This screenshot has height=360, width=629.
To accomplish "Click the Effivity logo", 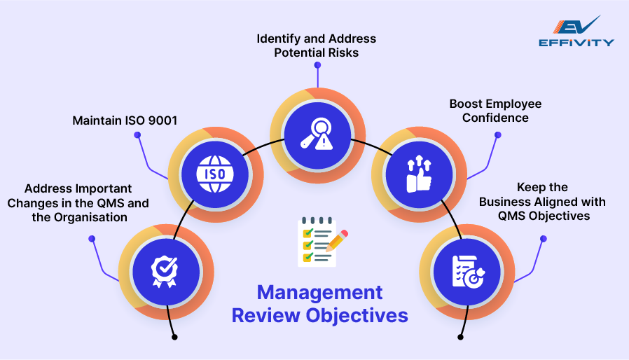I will click(x=576, y=32).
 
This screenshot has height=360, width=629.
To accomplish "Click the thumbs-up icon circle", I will click(x=420, y=172).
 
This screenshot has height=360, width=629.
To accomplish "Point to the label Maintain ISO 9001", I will click(x=125, y=121).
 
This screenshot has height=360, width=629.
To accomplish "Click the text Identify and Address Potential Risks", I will click(x=315, y=46).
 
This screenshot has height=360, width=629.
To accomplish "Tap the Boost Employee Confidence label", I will click(x=495, y=111).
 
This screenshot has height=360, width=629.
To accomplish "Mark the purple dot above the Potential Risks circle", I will click(x=317, y=64).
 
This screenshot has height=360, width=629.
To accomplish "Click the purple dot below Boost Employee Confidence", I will click(x=497, y=134).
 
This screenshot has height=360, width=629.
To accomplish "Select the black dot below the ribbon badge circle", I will click(x=174, y=337).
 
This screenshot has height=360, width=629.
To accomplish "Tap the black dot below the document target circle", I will click(x=460, y=337).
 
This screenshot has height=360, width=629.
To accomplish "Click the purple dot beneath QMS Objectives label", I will click(x=544, y=239).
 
